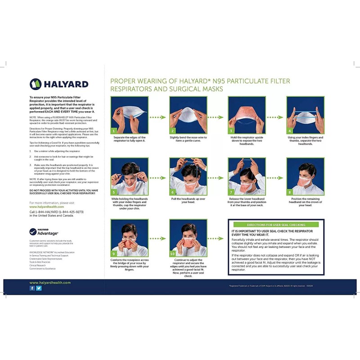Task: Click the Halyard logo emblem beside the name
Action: pyautogui.click(x=36, y=84)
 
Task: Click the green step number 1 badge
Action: pyautogui.click(x=114, y=130)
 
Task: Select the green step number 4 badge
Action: pyautogui.click(x=290, y=130)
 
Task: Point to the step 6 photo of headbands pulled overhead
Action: pyautogui.click(x=188, y=176)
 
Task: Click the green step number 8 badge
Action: pyautogui.click(x=290, y=192)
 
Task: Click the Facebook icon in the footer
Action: pyautogui.click(x=32, y=288)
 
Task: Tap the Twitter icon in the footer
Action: pyautogui.click(x=39, y=288)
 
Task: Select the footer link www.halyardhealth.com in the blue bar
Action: pyautogui.click(x=50, y=283)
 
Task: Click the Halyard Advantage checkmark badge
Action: pyautogui.click(x=33, y=232)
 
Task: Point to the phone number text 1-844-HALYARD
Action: pyautogui.click(x=57, y=211)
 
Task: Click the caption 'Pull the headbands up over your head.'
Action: pyautogui.click(x=188, y=200)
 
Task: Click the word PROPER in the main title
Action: pyautogui.click(x=121, y=81)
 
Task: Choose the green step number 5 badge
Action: pyautogui.click(x=114, y=192)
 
